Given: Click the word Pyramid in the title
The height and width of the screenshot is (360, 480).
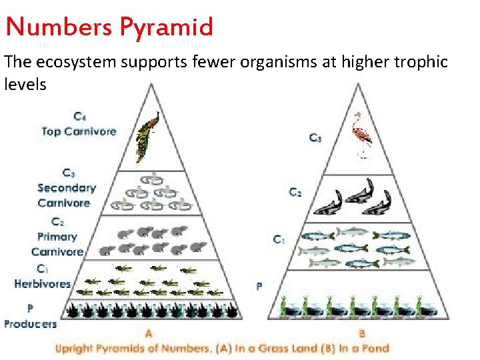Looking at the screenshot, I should click(x=167, y=27).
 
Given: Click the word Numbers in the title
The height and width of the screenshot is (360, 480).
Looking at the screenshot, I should click(x=60, y=27).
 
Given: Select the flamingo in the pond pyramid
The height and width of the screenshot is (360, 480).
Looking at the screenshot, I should click(x=363, y=137).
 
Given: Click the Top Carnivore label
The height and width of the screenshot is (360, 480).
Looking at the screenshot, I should click(x=79, y=131).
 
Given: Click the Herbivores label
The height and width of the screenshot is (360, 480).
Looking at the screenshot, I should click(x=42, y=283).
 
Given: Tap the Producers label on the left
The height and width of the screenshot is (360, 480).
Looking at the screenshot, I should click(x=30, y=324).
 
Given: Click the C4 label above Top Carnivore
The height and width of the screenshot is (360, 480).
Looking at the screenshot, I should click(x=79, y=117).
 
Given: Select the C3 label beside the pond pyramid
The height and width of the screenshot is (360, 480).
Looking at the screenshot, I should click(x=315, y=138).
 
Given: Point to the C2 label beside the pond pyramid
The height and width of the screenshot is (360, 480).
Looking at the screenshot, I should click(x=295, y=193).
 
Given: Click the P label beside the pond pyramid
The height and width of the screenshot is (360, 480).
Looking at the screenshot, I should click(x=259, y=287).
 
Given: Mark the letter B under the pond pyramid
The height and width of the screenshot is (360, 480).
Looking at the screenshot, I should click(x=362, y=333).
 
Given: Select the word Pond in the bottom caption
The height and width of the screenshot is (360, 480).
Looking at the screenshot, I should click(x=375, y=348).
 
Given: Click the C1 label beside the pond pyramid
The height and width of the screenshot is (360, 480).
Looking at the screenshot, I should click(x=279, y=239).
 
